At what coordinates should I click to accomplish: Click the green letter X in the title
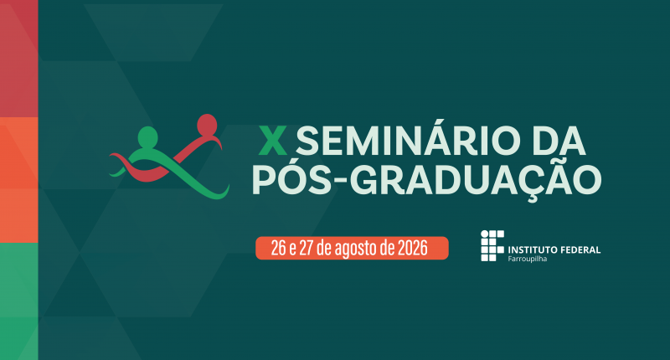273,141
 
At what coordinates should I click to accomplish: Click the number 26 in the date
279,248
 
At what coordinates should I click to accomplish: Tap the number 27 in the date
307,248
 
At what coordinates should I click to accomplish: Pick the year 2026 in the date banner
412,248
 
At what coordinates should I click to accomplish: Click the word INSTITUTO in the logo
533,249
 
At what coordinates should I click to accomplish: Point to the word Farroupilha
528,259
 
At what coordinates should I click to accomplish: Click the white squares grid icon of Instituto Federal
492,245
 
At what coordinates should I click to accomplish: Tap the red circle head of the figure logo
207,124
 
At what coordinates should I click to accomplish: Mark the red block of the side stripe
18,59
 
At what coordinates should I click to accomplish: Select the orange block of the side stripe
18,180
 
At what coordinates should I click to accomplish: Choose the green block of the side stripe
18,301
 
